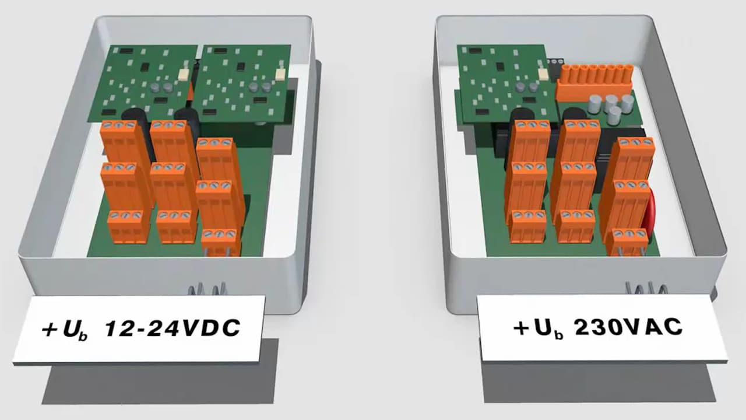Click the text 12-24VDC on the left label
click(x=173, y=327)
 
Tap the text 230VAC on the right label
click(x=628, y=327)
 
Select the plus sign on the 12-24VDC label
click(x=50, y=330)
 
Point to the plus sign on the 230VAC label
click(x=522, y=328)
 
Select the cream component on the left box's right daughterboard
click(x=280, y=73)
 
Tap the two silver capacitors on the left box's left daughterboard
click(x=162, y=87)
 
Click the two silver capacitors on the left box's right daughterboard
click(x=259, y=87)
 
